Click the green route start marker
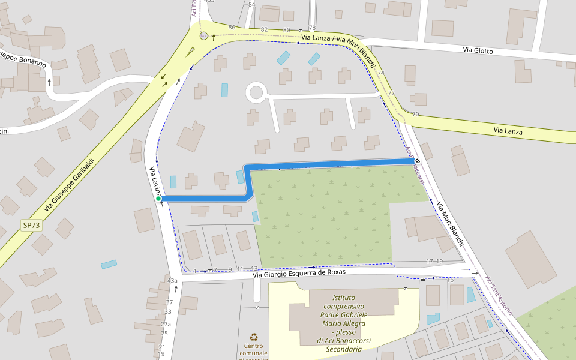coord(158,199)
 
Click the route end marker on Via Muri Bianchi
coord(417,161)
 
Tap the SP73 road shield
coord(31,225)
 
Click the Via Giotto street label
coord(478,51)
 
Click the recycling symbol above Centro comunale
coord(254,337)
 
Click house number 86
coord(232,27)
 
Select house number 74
coord(381,73)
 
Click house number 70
coord(415,114)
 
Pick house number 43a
coord(173,280)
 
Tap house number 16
coord(450,280)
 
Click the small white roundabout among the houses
coord(256,93)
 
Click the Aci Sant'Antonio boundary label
coord(499,295)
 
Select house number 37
coord(169,302)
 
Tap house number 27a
coord(166,324)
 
